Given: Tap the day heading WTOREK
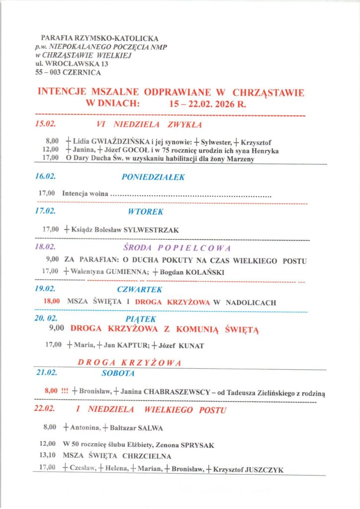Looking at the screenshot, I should (145, 212).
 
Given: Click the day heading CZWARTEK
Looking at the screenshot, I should (140, 289).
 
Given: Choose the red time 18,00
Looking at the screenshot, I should (52, 302).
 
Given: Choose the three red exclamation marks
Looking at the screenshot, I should (64, 391).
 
